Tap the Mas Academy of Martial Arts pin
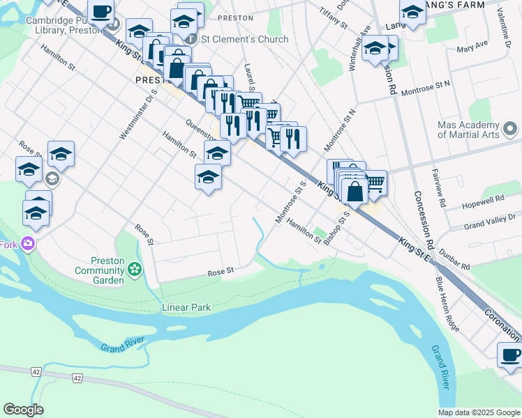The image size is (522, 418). point(510,129)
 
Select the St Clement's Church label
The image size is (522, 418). point(244,39)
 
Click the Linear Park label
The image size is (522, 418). point(186,307)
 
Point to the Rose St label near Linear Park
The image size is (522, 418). point(220,272)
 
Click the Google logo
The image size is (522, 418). point(23,410)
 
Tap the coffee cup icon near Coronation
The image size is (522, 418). point(511,355)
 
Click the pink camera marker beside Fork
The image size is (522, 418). point(28,244)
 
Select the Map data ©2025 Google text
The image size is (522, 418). point(479,412)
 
